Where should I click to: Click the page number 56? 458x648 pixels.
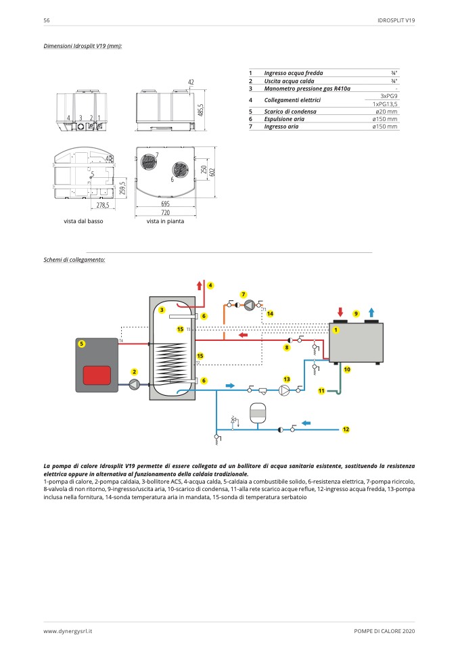pos(47,21)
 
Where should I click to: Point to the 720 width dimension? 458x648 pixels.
pos(165,212)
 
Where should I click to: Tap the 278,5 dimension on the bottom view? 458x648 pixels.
pos(102,204)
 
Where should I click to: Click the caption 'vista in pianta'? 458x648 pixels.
pos(165,221)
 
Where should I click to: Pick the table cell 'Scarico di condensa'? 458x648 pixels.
pos(290,111)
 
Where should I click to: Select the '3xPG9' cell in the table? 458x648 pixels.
pos(388,96)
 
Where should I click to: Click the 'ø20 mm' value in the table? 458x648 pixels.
pos(386,111)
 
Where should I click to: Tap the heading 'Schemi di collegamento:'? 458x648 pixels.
pos(74,260)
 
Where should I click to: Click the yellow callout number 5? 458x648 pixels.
pos(81,344)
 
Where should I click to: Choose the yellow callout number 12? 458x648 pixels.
pos(346,430)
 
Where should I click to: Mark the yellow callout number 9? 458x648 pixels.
pos(356,314)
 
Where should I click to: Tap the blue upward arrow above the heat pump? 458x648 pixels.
pos(371,312)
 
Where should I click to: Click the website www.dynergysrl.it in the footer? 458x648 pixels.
pos(68,630)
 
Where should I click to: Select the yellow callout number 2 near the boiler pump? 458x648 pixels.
pos(135,372)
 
